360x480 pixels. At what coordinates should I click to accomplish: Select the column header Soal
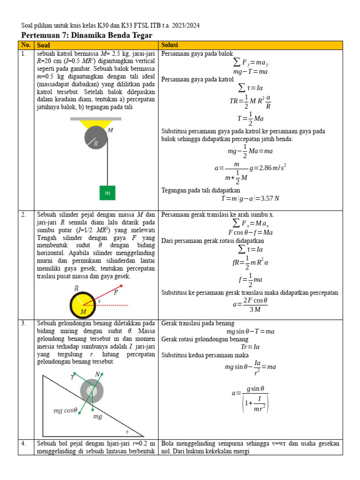[x=44, y=45]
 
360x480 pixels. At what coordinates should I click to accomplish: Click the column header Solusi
[x=170, y=45]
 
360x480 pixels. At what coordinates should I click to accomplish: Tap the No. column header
[x=25, y=45]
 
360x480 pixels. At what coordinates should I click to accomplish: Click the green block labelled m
[x=107, y=193]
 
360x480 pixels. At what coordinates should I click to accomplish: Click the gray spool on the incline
[x=91, y=390]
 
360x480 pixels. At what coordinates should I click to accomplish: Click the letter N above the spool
[x=97, y=374]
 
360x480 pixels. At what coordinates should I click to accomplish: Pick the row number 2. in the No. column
[x=24, y=215]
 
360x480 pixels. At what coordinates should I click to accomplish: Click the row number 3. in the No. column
[x=24, y=323]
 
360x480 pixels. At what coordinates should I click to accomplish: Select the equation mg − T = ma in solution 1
[x=250, y=72]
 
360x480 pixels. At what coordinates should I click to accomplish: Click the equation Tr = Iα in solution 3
[x=250, y=347]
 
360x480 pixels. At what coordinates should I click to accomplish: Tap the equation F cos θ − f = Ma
[x=250, y=232]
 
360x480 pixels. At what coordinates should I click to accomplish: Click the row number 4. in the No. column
[x=24, y=443]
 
